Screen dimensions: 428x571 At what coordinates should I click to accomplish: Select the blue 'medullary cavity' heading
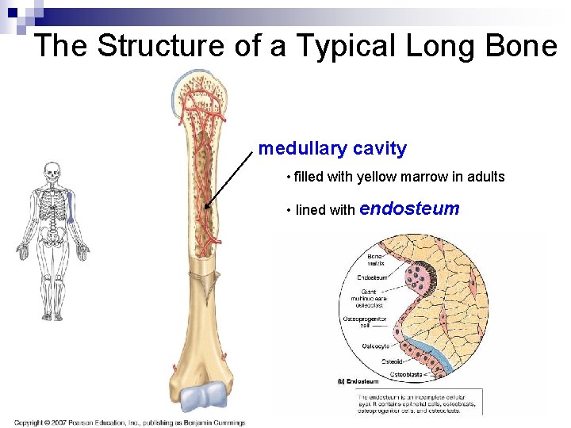tap(332, 148)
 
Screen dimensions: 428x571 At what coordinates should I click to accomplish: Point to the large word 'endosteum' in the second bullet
tap(409, 209)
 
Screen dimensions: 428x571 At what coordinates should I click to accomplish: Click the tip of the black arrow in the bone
tap(205, 208)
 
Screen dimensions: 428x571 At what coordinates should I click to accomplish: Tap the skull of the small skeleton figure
tap(52, 172)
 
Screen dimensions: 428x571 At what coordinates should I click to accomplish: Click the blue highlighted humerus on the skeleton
tap(70, 208)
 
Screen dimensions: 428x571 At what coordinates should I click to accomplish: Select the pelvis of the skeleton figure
tap(52, 235)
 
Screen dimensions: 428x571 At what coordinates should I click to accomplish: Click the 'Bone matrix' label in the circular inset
tap(375, 259)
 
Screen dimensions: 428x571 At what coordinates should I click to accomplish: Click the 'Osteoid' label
tap(393, 361)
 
